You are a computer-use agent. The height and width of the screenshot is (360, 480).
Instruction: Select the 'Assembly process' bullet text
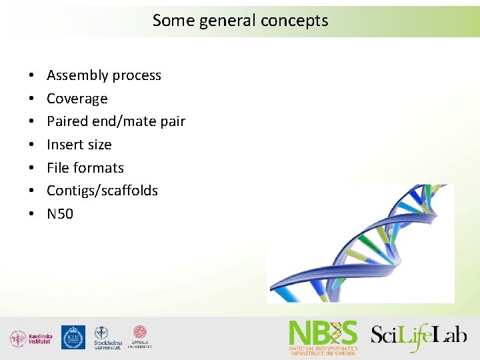click(x=104, y=75)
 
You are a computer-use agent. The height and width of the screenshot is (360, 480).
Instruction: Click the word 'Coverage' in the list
click(x=77, y=99)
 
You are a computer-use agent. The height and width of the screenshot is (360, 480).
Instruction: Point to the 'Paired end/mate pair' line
click(x=115, y=121)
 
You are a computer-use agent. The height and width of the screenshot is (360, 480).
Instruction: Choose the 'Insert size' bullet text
click(x=79, y=145)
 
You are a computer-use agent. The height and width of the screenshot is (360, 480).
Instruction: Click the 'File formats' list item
click(x=85, y=167)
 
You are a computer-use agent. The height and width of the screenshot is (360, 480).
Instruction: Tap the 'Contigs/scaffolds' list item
click(x=102, y=191)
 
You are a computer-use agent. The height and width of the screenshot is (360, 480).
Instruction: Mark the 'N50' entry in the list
click(x=60, y=214)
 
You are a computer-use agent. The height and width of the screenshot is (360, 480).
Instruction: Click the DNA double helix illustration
click(x=360, y=243)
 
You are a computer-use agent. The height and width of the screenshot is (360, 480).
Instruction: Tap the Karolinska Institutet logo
click(x=31, y=338)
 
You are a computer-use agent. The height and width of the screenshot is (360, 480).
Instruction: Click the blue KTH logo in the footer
click(x=73, y=337)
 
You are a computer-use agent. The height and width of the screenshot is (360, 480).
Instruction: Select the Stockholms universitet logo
click(x=107, y=338)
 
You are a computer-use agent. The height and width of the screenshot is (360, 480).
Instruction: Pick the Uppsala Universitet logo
click(x=140, y=337)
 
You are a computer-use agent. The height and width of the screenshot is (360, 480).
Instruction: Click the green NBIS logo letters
click(x=323, y=332)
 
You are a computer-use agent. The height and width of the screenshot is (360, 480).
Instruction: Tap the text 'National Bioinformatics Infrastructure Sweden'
click(x=323, y=350)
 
